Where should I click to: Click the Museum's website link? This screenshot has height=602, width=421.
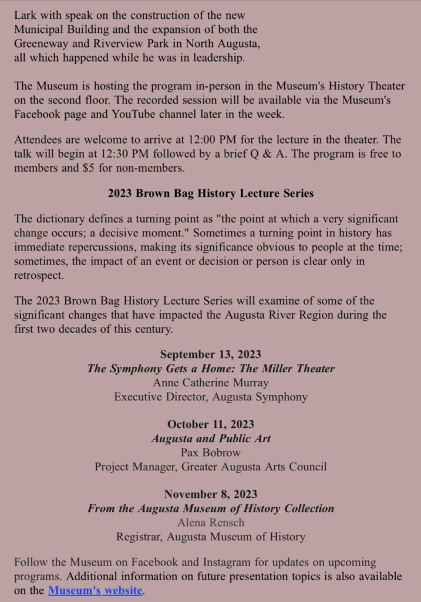(x=95, y=590)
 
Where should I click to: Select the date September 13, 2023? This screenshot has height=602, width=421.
(x=210, y=354)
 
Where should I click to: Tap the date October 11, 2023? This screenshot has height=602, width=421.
(x=210, y=424)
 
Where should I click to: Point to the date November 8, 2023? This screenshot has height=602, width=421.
(x=210, y=494)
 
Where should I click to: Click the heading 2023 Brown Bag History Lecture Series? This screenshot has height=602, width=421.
(x=210, y=193)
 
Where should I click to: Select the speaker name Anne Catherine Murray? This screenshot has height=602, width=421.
(x=210, y=383)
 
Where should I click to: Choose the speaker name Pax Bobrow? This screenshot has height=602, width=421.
(x=210, y=453)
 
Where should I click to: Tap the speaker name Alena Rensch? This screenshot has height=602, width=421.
(x=210, y=522)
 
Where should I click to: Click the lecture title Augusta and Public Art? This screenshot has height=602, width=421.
(x=210, y=439)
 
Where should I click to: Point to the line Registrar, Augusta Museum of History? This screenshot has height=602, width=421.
(x=210, y=536)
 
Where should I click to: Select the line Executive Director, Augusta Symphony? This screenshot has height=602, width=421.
(x=210, y=397)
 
